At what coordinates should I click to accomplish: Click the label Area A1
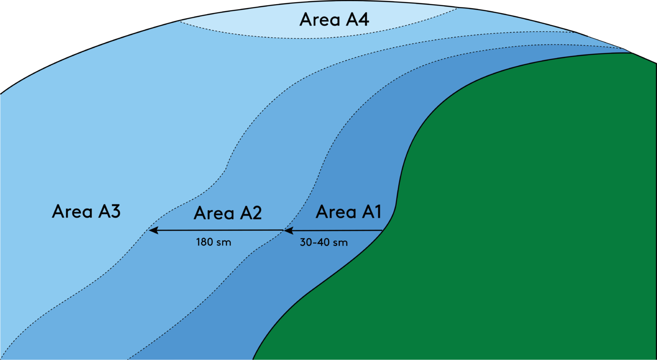[348, 212]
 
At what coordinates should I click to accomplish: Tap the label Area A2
[228, 213]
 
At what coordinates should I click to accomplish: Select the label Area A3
[86, 211]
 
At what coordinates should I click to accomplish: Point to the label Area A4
[334, 20]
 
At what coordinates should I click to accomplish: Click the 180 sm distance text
[213, 242]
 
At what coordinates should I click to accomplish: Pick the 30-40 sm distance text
[323, 242]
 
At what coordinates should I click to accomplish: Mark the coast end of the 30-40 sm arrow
[382, 231]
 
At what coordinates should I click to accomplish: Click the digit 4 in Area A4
[363, 20]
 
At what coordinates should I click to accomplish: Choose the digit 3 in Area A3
[114, 211]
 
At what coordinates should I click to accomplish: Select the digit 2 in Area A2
[255, 213]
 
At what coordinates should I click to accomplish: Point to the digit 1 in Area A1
[376, 212]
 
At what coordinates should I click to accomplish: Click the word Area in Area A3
[72, 211]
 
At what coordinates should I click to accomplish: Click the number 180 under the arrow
[204, 242]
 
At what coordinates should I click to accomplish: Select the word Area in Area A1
[336, 212]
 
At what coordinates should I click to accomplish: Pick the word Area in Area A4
[320, 20]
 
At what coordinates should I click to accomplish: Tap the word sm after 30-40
[340, 243]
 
